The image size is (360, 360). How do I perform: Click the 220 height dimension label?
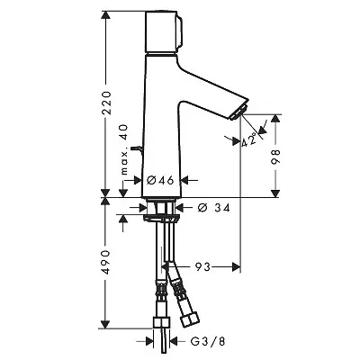106,103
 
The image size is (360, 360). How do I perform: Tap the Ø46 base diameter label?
160,180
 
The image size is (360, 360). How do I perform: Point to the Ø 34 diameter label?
214,207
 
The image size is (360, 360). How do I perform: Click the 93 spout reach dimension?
202,266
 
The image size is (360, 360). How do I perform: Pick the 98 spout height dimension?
275,156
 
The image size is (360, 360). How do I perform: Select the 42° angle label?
249,139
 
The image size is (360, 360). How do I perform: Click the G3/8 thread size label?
208,341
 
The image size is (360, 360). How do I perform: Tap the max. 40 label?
124,149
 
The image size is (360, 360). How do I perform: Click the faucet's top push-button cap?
164,31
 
